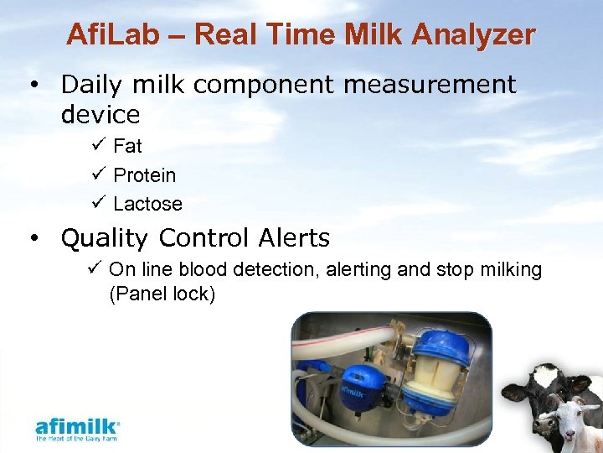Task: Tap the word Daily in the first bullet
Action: click(93, 85)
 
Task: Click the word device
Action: click(100, 113)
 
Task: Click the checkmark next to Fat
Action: click(95, 146)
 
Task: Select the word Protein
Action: click(145, 175)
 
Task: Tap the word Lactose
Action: click(147, 204)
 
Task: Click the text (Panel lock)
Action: click(162, 294)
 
